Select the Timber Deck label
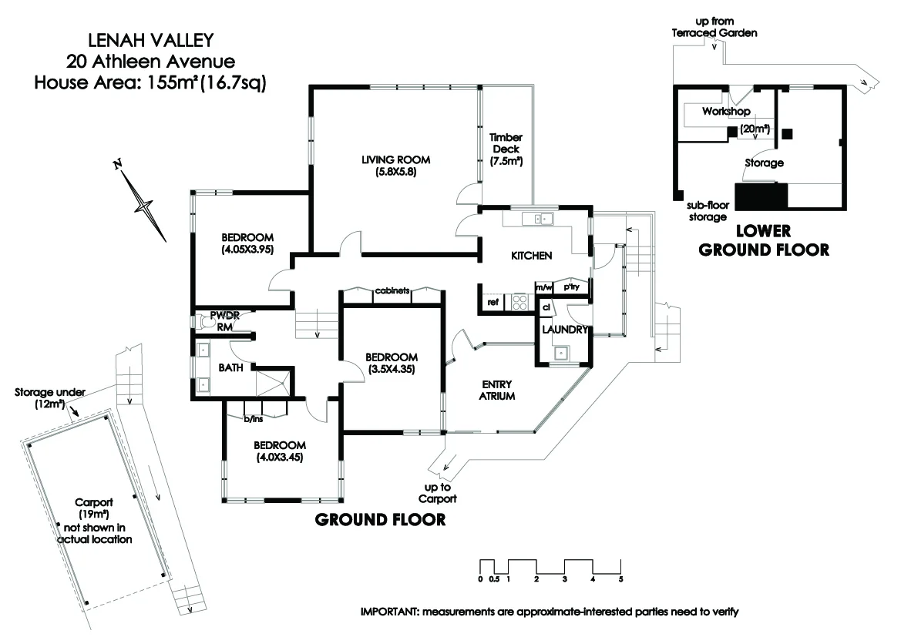coord(506,149)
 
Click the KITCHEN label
coord(531,256)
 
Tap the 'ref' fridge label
coord(492,303)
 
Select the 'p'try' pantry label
coord(571,287)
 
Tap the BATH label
coord(230,368)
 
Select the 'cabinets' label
coord(392,291)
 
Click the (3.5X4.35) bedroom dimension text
coord(392,369)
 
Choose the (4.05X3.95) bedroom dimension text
coord(248,249)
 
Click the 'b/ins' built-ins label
coord(254,419)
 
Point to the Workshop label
coord(725,112)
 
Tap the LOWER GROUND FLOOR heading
coord(763,240)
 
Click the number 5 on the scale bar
coord(620,578)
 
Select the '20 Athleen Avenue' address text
coord(150,60)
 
